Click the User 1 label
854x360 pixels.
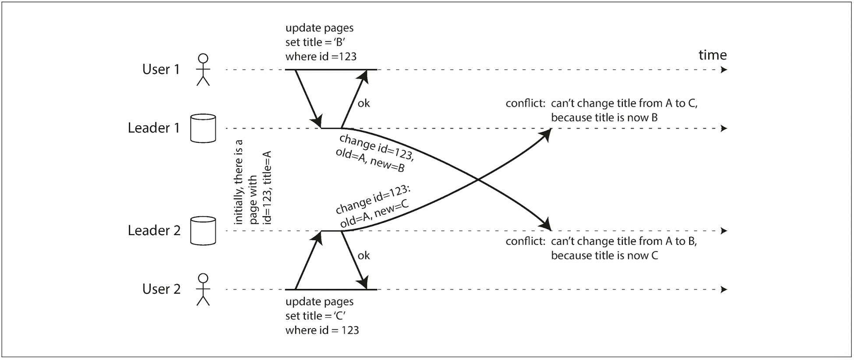point(161,69)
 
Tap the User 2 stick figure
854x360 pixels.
point(203,289)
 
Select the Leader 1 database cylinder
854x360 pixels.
point(203,128)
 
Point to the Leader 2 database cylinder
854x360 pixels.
point(203,231)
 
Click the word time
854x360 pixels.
point(713,55)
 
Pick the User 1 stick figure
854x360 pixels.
point(203,70)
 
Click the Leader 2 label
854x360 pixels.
point(154,230)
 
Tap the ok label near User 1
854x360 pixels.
point(363,103)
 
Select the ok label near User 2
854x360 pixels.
point(363,255)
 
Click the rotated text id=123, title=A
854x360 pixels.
point(267,188)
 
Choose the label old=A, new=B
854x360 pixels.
point(370,160)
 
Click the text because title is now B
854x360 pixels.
point(604,118)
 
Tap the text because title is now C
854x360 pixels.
point(604,255)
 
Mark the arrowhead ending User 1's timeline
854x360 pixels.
point(724,70)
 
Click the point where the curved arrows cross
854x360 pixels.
point(478,179)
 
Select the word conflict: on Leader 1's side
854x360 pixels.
point(526,103)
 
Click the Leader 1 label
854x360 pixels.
point(154,128)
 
